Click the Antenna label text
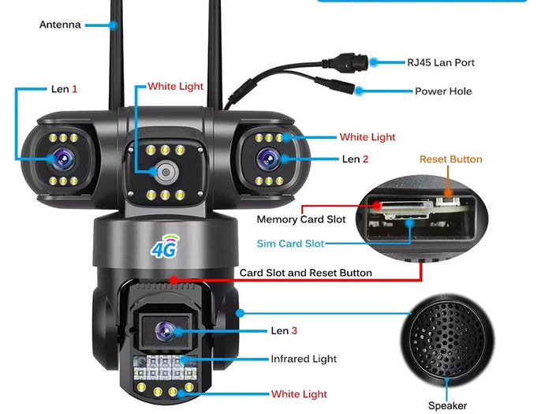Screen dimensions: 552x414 coord(60,24)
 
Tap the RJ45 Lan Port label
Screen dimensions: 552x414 coord(441,62)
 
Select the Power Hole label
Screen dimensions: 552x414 coord(443,91)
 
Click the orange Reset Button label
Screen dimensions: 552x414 coord(451,159)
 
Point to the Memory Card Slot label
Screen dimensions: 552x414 coord(301,219)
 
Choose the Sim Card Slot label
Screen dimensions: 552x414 coord(290,244)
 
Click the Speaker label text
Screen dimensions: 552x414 coord(447,405)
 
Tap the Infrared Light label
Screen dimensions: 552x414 coord(304,359)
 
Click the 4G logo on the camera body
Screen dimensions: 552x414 coord(165,246)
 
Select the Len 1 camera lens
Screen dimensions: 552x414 coord(64,159)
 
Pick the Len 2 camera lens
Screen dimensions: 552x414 coord(269,159)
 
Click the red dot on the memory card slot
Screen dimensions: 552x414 coord(377,205)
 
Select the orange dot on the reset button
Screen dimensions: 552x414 coord(448,192)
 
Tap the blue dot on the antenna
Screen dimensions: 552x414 coord(114,25)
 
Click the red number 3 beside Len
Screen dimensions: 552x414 coord(294,331)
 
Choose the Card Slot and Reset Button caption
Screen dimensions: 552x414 coord(306,273)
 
